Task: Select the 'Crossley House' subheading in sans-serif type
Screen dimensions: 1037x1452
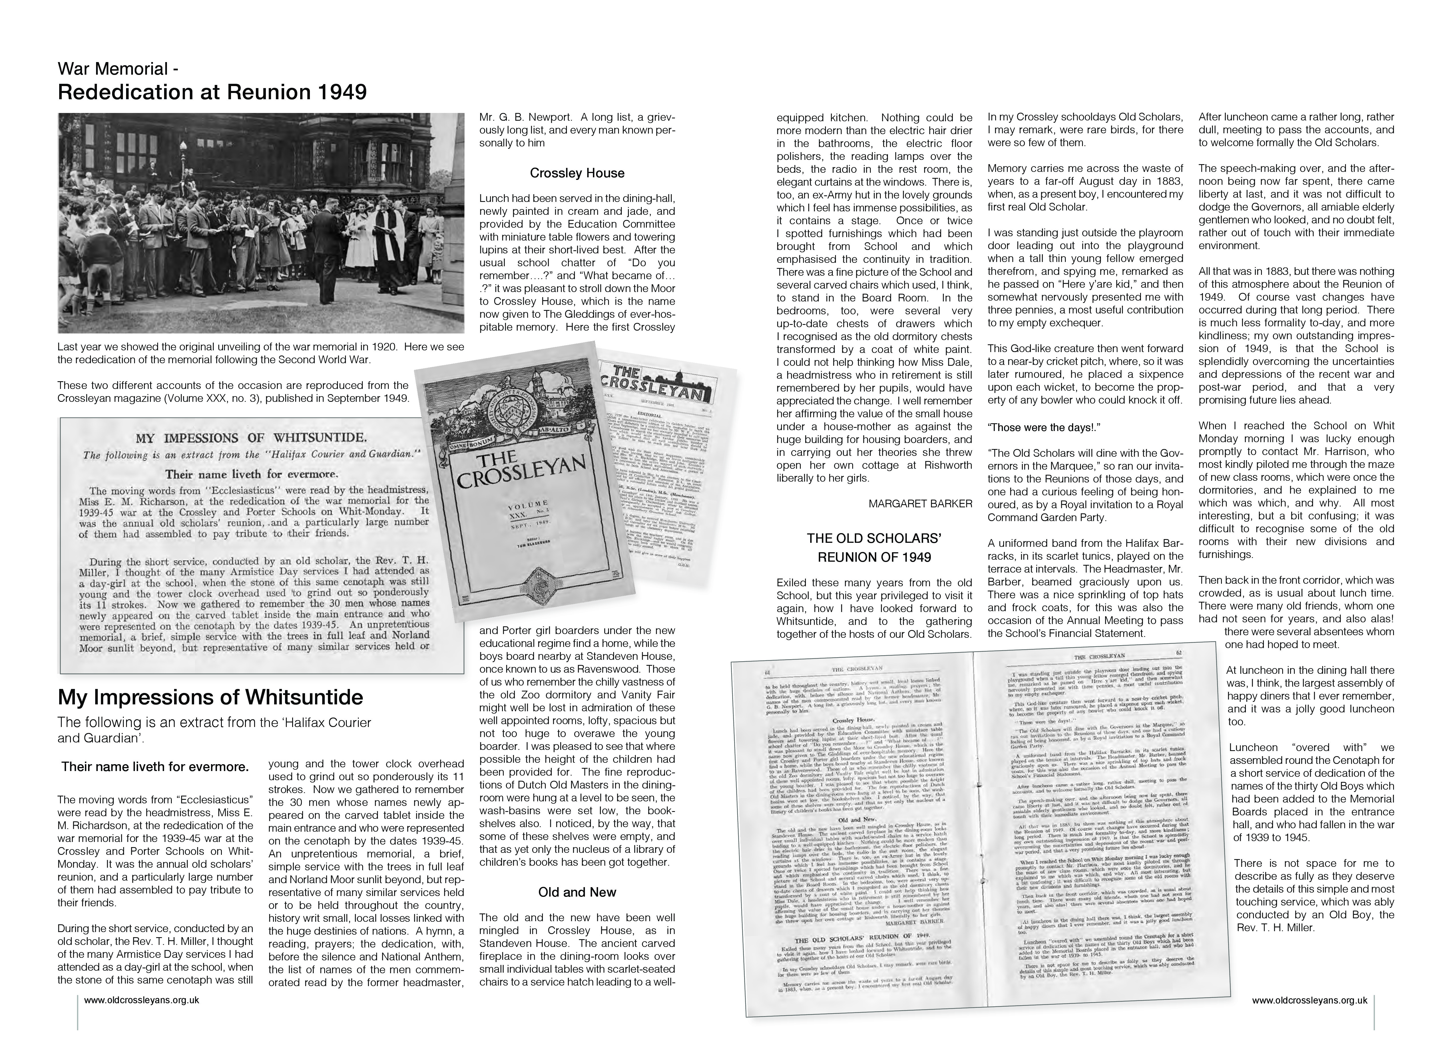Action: (577, 173)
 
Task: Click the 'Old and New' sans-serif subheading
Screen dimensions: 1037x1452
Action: (577, 892)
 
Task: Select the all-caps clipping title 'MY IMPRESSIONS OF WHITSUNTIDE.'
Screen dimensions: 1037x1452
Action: (251, 438)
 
